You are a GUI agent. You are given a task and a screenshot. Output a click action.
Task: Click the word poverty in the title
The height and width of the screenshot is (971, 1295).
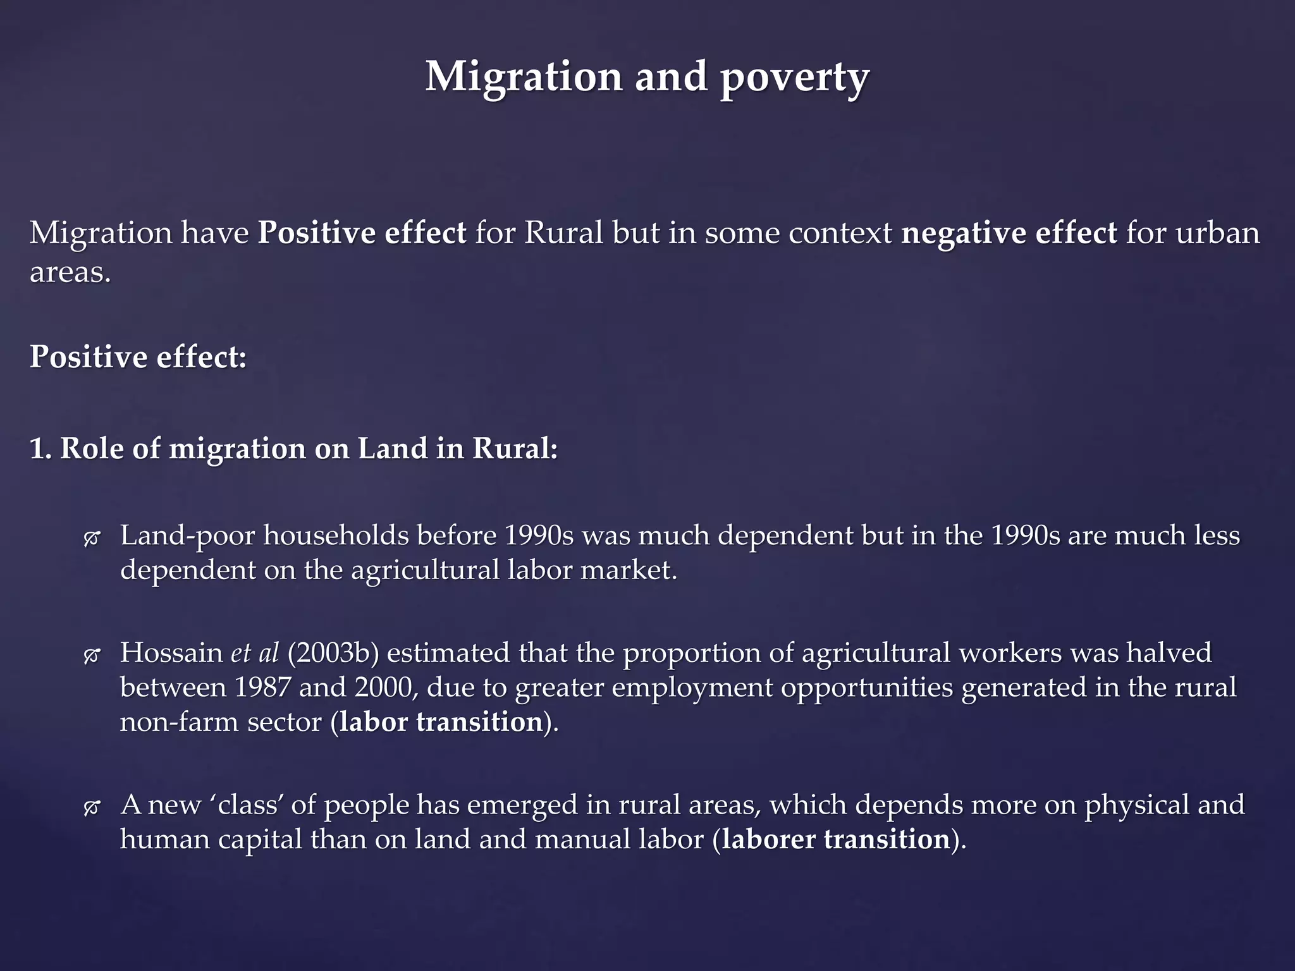coord(794,78)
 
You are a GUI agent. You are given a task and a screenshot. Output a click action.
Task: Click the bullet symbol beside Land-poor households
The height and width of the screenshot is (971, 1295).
coord(92,539)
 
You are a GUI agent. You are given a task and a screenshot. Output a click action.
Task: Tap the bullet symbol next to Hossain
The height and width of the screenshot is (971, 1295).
coord(92,656)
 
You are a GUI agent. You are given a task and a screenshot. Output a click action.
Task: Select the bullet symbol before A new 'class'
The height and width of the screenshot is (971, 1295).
coord(92,807)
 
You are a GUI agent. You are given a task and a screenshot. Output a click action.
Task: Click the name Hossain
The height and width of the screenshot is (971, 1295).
coord(171,653)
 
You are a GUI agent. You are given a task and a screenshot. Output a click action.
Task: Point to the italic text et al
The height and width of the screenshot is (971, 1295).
coord(255,653)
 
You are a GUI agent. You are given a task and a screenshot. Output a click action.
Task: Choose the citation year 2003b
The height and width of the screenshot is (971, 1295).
coord(333,653)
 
